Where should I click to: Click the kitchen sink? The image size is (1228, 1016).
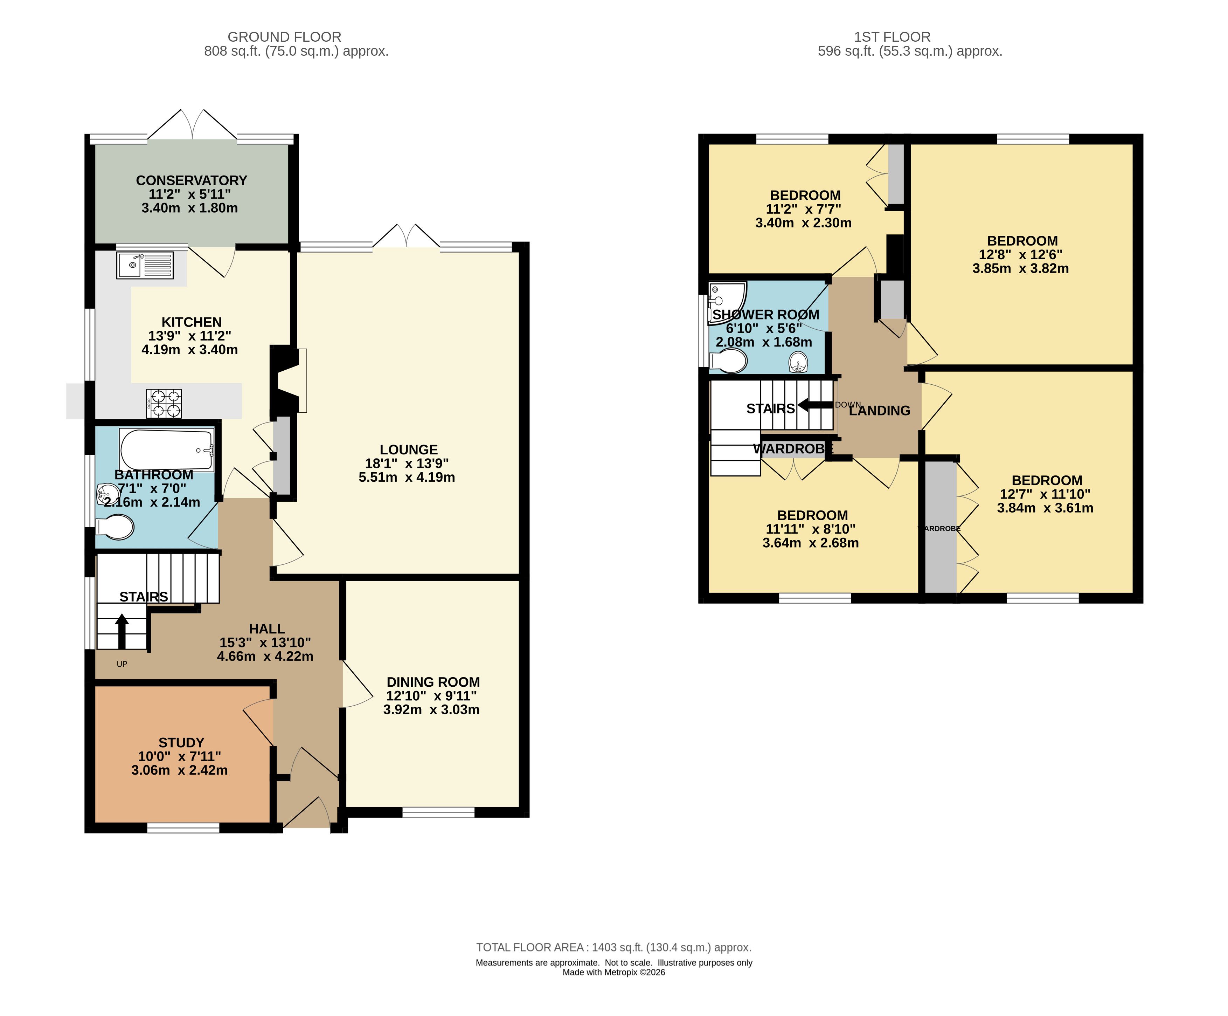pos(145,265)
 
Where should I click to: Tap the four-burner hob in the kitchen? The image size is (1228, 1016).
pos(164,404)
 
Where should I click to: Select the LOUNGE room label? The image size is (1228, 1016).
pos(409,449)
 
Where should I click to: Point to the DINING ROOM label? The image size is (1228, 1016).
pos(433,682)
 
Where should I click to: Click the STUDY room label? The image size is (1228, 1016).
pos(181,743)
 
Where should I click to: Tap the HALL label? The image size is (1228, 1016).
pos(267,629)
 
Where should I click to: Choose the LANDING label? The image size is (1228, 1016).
pos(880,411)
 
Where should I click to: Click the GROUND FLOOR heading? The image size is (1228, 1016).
pos(284,37)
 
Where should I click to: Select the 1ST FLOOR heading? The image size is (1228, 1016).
pos(892,37)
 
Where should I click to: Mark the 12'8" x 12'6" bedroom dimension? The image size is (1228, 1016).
pos(1020,254)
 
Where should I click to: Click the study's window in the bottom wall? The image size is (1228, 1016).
pos(183,828)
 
